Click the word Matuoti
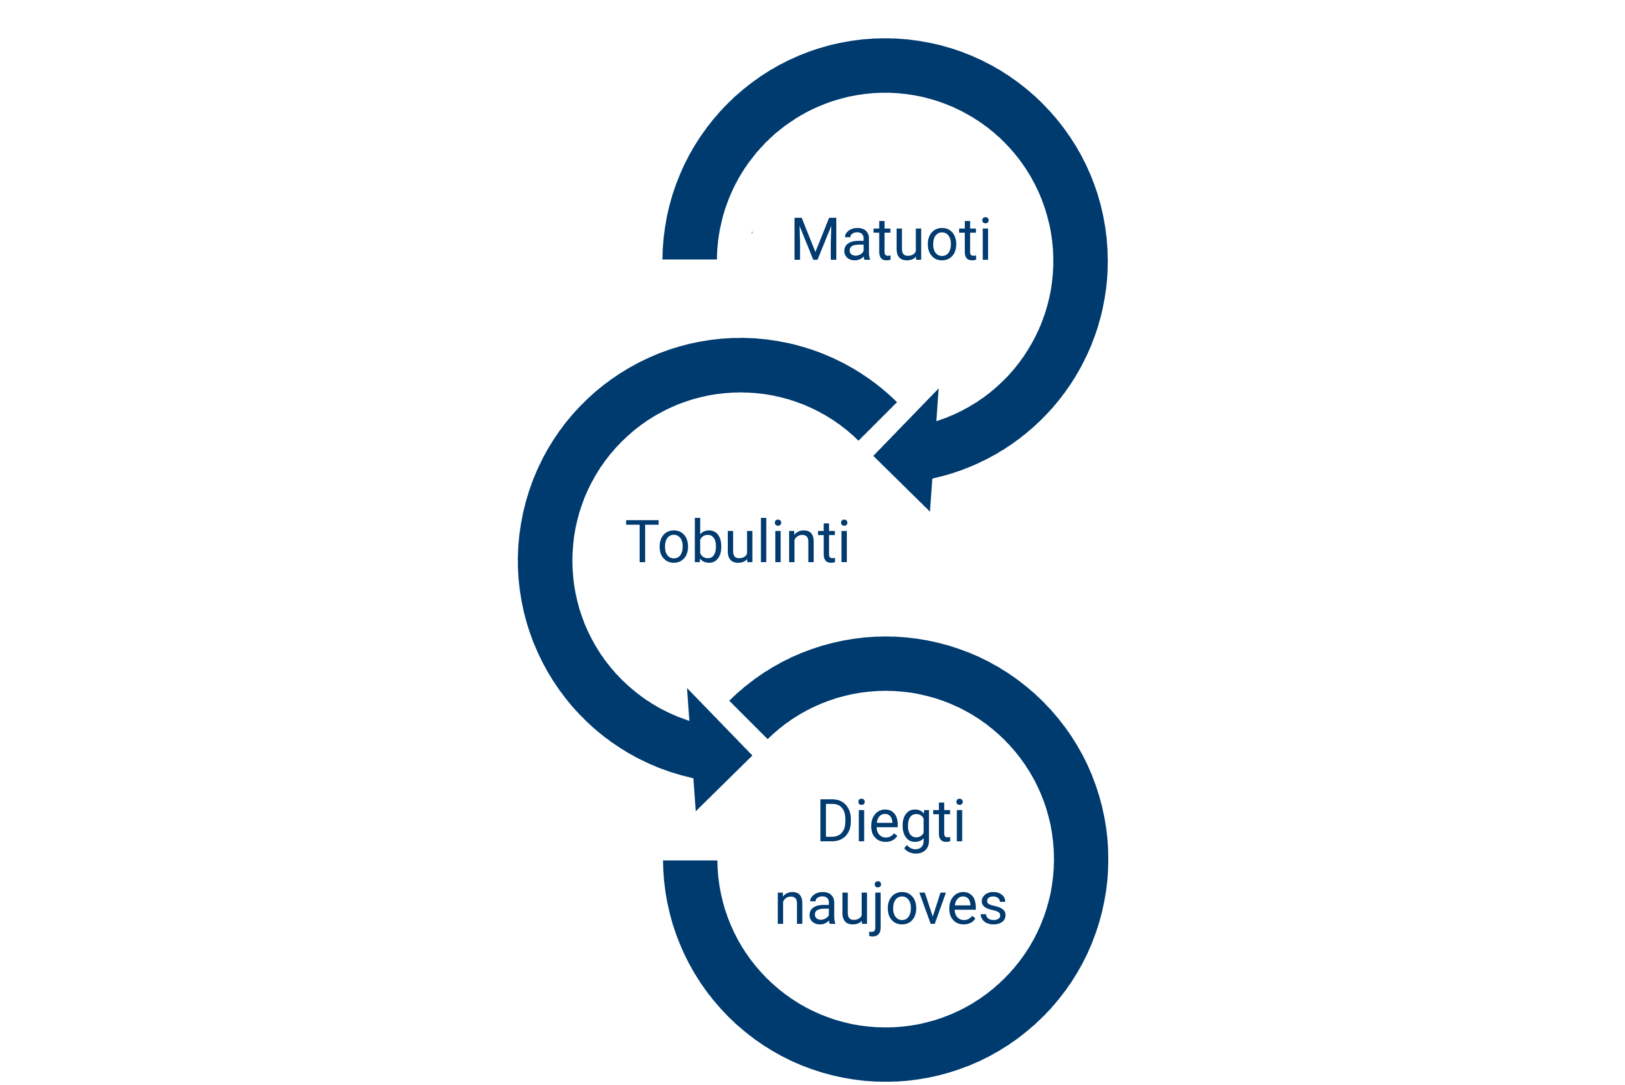tap(891, 240)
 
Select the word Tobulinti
tap(736, 541)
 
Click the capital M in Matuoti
tap(815, 239)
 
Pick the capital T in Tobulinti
tap(642, 541)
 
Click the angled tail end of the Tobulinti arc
tap(877, 421)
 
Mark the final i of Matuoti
tap(985, 240)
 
